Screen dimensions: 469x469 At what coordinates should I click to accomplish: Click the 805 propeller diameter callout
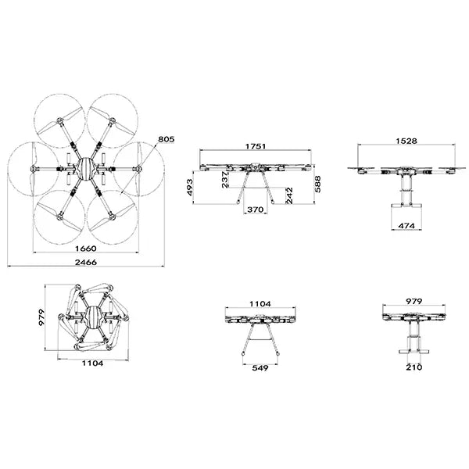(x=166, y=139)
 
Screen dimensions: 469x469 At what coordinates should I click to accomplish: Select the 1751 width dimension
(x=255, y=145)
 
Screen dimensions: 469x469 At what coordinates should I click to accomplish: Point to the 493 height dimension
(x=190, y=188)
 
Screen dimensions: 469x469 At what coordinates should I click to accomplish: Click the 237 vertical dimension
(x=225, y=181)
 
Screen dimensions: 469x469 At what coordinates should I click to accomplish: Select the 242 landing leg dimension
(x=288, y=195)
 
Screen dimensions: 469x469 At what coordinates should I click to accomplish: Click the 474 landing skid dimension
(x=406, y=226)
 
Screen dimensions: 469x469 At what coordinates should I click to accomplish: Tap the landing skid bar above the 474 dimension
(x=406, y=206)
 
